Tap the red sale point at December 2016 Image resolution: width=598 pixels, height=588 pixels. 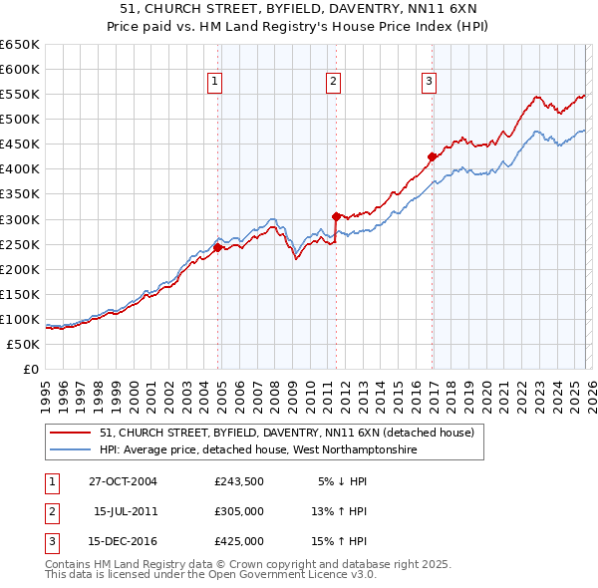point(432,156)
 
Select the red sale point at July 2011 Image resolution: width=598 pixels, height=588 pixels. point(336,215)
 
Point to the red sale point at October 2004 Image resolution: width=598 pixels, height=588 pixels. point(218,247)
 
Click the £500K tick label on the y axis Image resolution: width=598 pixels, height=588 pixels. point(19,120)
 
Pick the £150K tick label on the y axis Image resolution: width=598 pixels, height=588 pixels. point(19,294)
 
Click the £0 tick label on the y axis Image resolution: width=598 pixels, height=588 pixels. point(29,369)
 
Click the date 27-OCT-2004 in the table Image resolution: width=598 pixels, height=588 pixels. point(123,481)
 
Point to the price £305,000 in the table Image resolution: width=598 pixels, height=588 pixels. point(239,511)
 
